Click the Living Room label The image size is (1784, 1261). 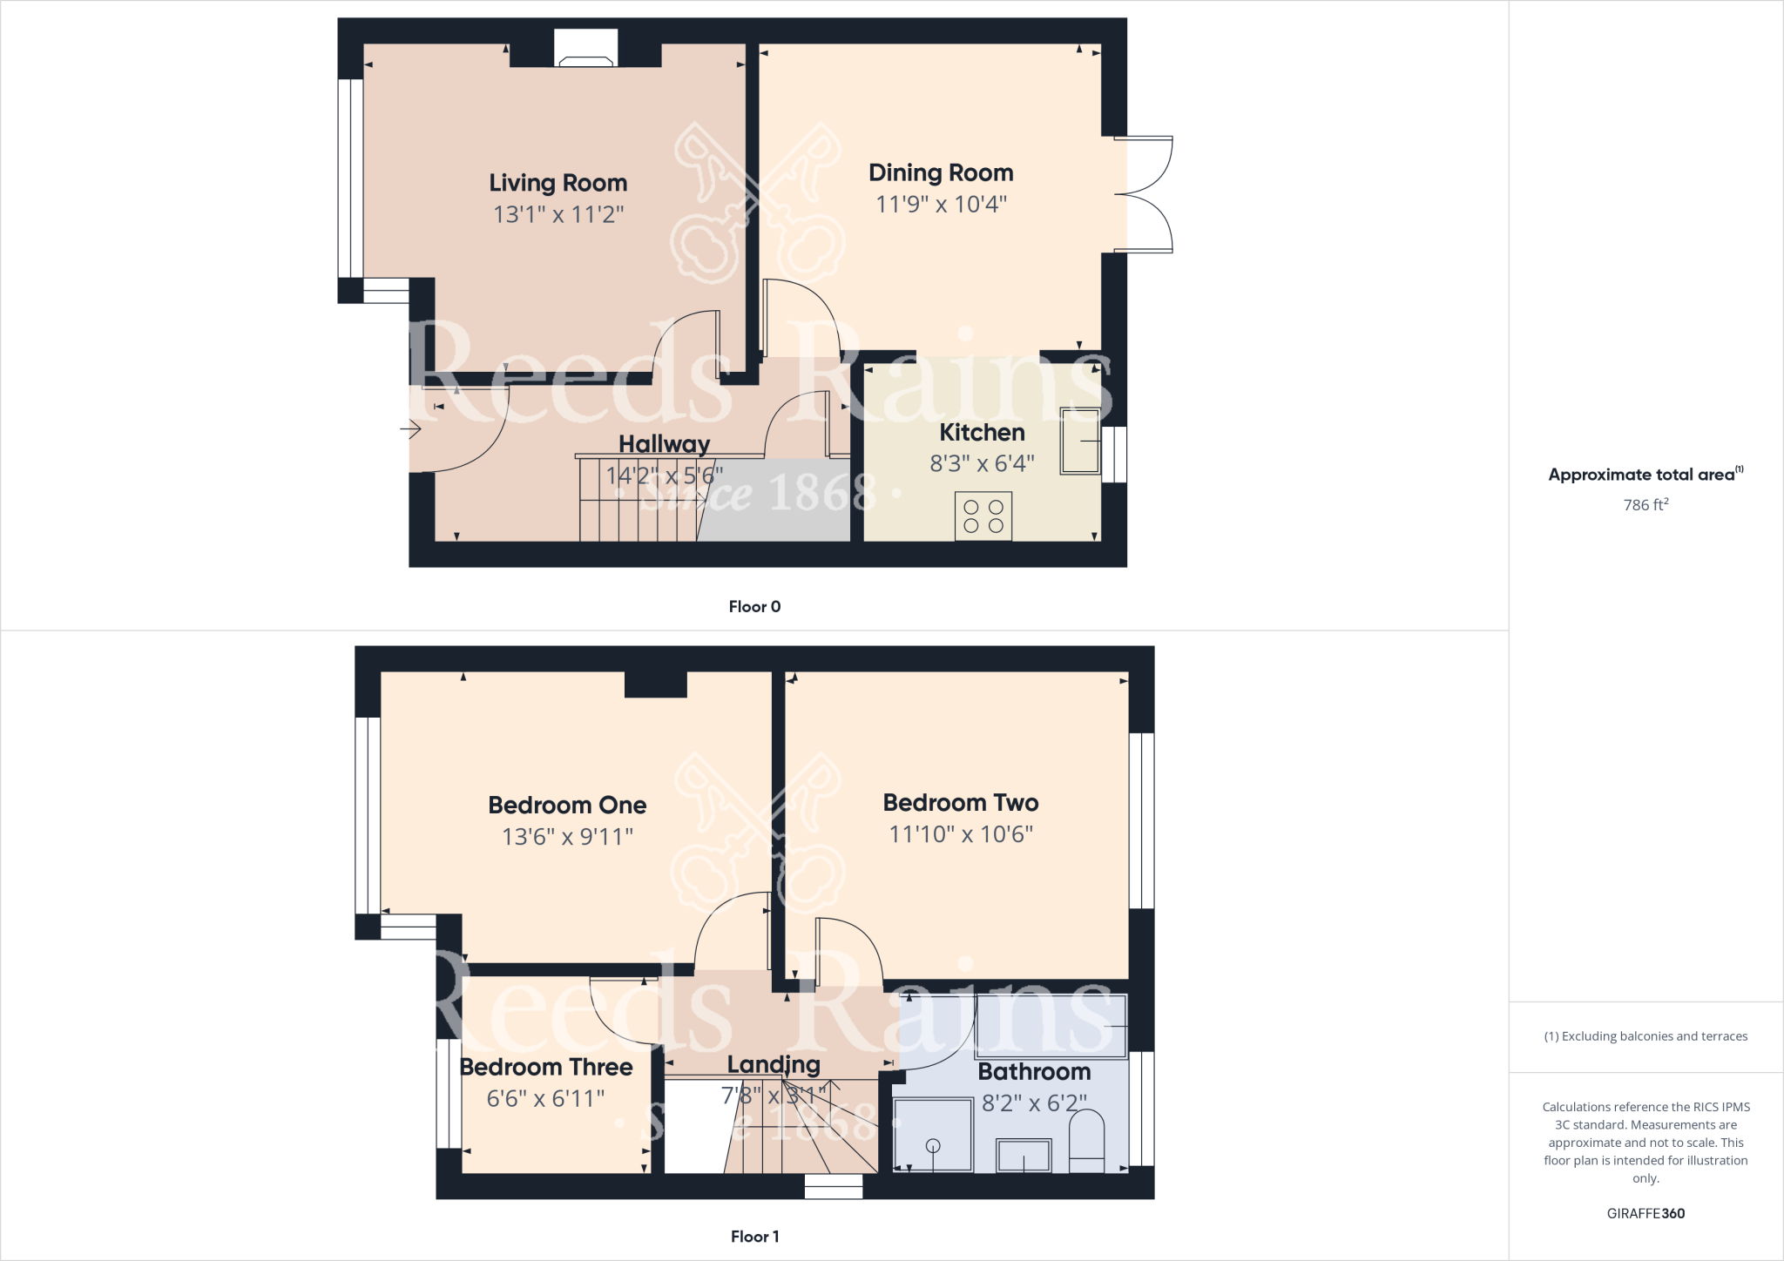click(x=557, y=183)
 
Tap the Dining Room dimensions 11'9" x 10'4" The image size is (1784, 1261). click(x=941, y=204)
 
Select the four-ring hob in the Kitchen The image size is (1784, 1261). click(x=983, y=516)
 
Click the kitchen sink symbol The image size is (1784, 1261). click(x=1080, y=441)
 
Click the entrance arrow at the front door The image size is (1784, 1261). click(x=410, y=428)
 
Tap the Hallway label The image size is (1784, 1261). click(x=664, y=444)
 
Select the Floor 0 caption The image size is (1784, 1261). click(x=754, y=607)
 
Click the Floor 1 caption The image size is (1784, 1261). click(x=754, y=1237)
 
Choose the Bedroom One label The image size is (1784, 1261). click(x=567, y=805)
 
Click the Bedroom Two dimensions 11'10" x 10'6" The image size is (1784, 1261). click(x=960, y=834)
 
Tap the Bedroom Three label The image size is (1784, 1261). click(x=546, y=1067)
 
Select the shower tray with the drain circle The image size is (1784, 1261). click(x=933, y=1135)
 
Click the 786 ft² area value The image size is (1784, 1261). click(x=1645, y=505)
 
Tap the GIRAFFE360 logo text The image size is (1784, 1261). click(x=1645, y=1213)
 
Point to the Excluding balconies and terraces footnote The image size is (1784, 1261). click(x=1645, y=1036)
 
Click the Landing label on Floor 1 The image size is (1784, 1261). click(x=774, y=1064)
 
